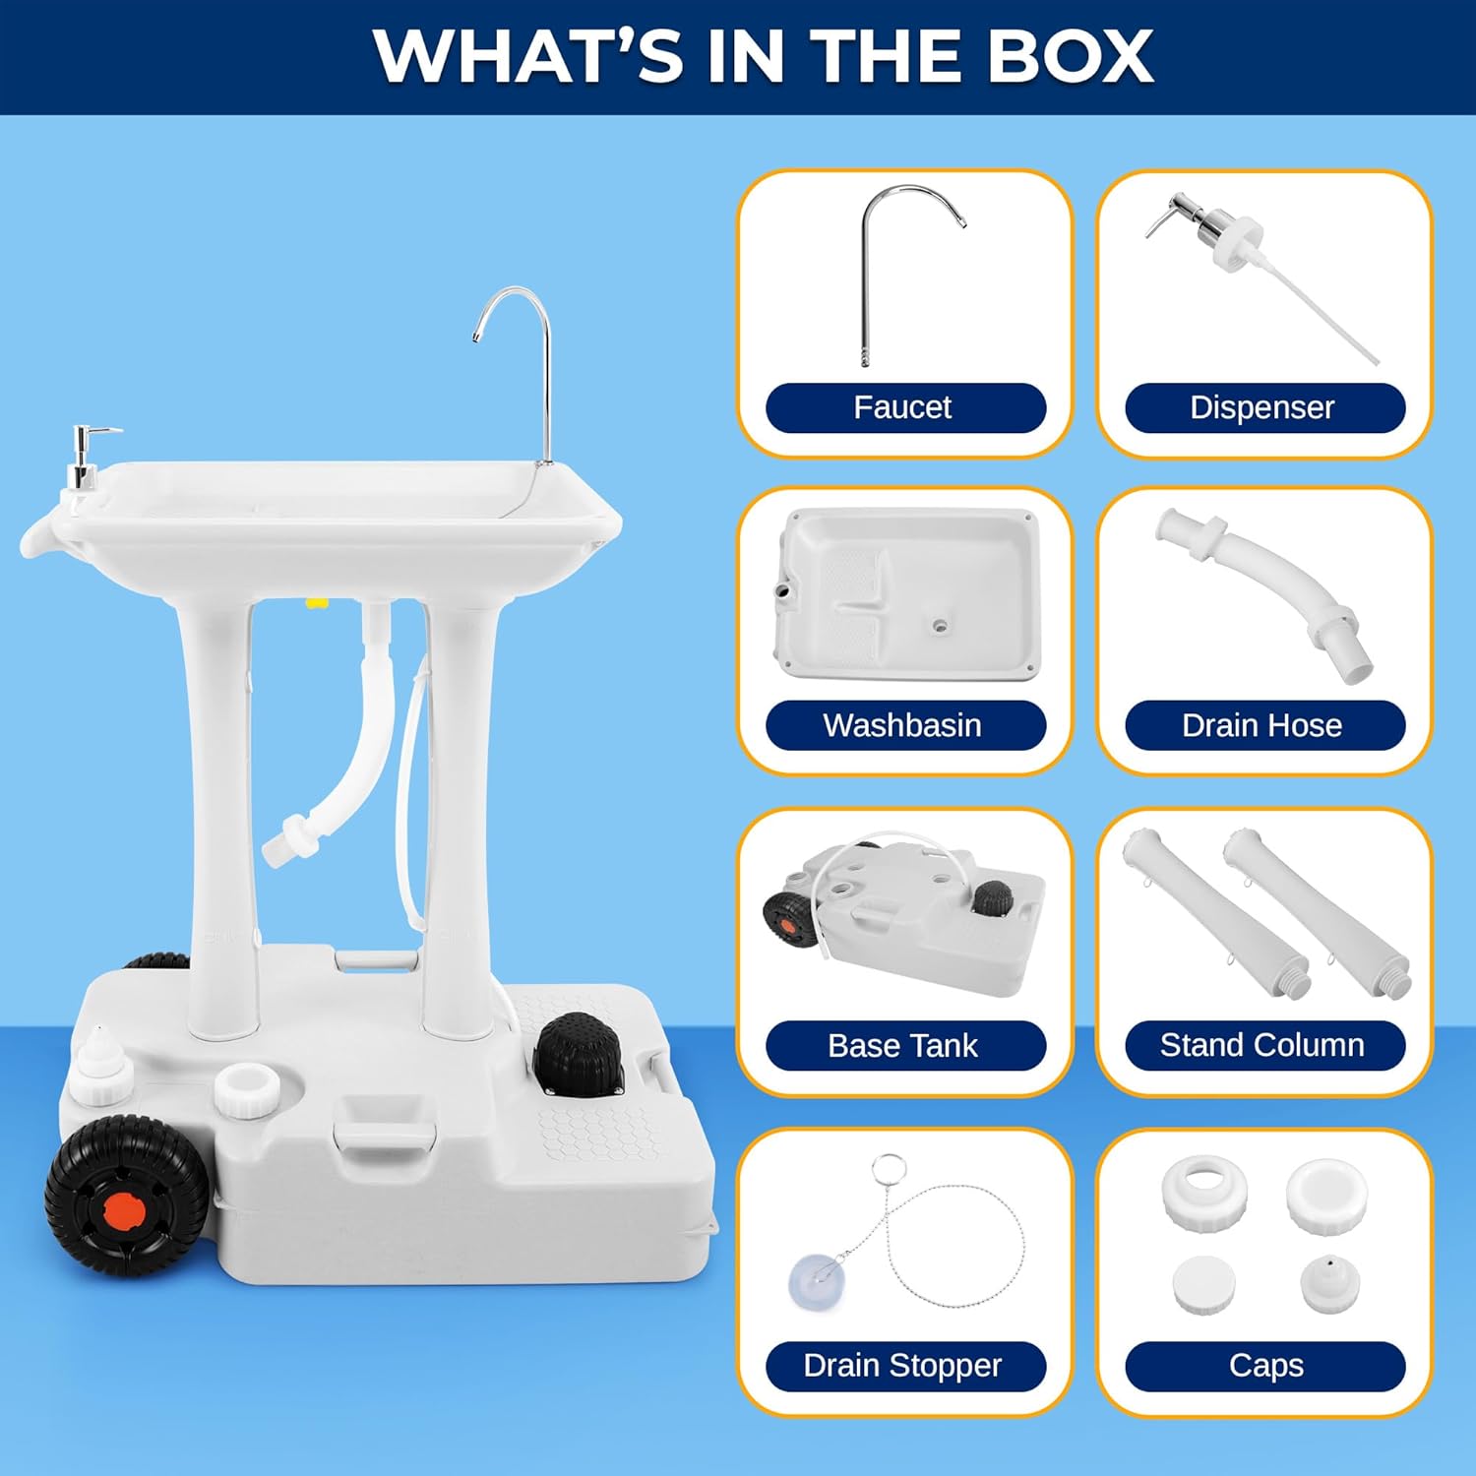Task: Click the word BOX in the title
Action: point(1070,56)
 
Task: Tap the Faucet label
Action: point(904,407)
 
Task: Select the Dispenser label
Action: point(1263,407)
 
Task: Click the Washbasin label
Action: point(904,725)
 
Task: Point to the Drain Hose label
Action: point(1263,725)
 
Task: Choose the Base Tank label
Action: point(904,1045)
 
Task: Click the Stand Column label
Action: point(1263,1045)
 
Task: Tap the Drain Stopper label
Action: point(904,1366)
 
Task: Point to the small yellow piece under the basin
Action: point(316,602)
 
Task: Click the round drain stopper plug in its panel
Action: point(817,1281)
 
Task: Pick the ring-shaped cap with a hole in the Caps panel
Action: point(1204,1192)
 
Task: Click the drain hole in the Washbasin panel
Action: point(940,625)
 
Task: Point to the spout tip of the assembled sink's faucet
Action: point(476,338)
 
